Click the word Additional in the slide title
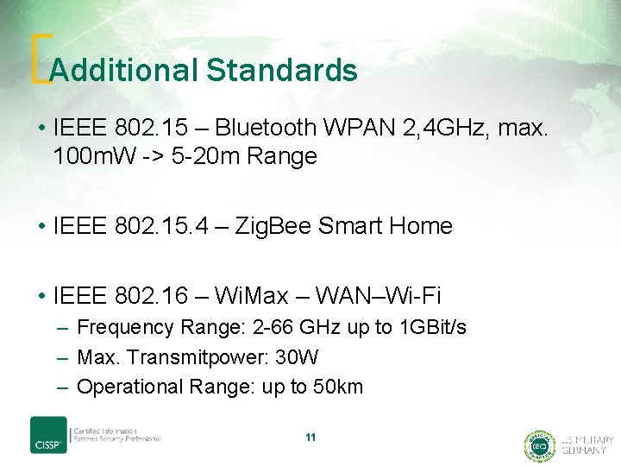pyautogui.click(x=124, y=70)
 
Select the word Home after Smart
pyautogui.click(x=421, y=226)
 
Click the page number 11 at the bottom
pyautogui.click(x=310, y=438)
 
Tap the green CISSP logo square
pyautogui.click(x=48, y=435)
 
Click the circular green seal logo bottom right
pyautogui.click(x=538, y=445)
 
